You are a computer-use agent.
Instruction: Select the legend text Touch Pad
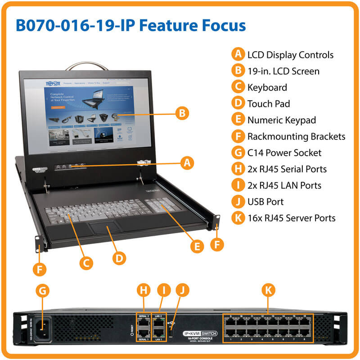coord(268,104)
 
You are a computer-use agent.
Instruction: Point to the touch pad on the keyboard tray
coord(107,229)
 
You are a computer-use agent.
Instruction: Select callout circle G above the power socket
coord(42,291)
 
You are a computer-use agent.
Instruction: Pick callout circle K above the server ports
coord(268,291)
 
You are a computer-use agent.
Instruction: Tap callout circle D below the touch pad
coord(119,258)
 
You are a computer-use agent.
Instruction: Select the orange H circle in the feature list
coord(237,169)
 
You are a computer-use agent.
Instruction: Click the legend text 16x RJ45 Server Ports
coord(291,218)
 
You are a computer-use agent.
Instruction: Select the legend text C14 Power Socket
coord(284,153)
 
